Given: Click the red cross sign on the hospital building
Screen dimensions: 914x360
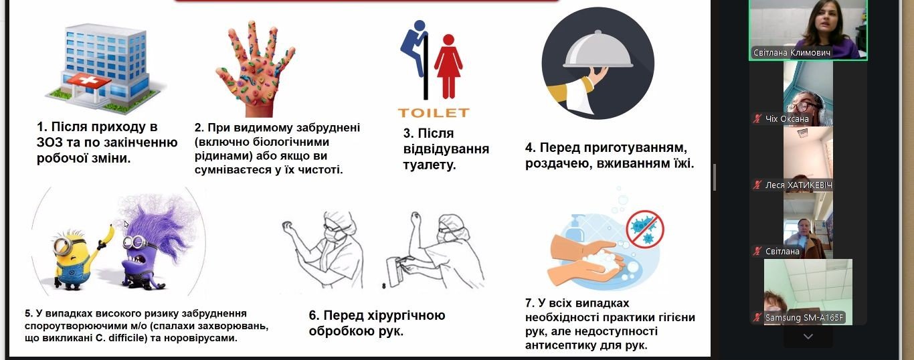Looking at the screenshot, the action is coord(88,81).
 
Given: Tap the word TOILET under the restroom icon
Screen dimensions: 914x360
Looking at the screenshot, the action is coord(434,112).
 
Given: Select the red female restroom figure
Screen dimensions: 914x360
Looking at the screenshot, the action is coord(448,66).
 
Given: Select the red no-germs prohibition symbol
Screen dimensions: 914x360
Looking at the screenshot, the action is coord(645,229).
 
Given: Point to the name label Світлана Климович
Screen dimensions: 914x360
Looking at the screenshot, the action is coord(791,53).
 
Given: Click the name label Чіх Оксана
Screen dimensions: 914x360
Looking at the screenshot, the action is coord(787,119).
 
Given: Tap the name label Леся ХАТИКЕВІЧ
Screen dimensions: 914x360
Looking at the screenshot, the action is coord(798,185).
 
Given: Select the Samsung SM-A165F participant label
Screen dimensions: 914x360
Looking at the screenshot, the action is coord(804,318).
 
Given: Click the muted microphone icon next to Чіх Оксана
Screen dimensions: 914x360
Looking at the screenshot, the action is coord(757,119).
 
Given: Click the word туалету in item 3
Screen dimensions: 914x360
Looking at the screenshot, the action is coord(430,165).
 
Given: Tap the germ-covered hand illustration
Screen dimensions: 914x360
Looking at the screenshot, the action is coord(256,70).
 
